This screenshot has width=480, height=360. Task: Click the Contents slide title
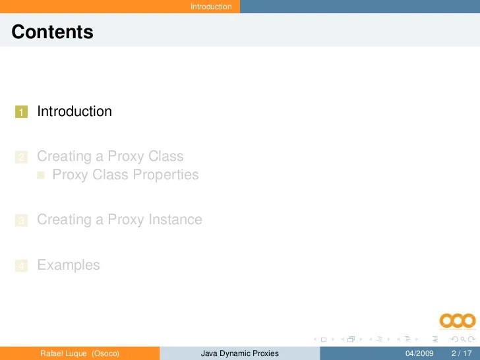click(52, 32)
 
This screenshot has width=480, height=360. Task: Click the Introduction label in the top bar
click(211, 7)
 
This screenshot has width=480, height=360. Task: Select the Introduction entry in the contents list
click(75, 111)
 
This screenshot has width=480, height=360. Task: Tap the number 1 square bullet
click(22, 112)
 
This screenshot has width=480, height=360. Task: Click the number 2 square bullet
click(22, 157)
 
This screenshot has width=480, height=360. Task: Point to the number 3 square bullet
click(22, 221)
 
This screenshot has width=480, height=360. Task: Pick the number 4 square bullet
click(22, 266)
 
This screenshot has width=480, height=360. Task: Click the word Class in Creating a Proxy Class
click(166, 156)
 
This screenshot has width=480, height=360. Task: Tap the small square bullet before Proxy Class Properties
click(42, 175)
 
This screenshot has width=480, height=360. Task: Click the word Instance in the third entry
click(173, 220)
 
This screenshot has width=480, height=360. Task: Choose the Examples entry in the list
click(69, 265)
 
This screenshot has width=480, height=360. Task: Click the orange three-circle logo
click(458, 321)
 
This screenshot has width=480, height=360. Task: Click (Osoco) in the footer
click(105, 353)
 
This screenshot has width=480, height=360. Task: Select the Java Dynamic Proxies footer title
click(240, 353)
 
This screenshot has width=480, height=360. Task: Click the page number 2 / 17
click(462, 353)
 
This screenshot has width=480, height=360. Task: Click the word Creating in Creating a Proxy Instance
click(64, 220)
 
